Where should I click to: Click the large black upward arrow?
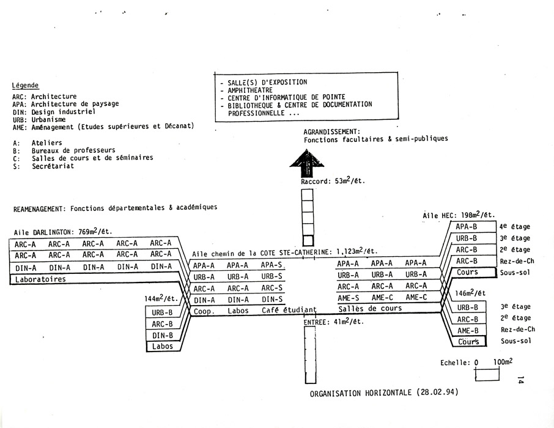tap(307, 163)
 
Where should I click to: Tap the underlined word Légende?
tap(25, 85)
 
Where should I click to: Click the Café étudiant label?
tap(289, 311)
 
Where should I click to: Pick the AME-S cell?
tap(348, 298)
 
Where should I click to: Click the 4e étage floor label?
tap(514, 227)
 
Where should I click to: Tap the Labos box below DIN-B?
tap(163, 346)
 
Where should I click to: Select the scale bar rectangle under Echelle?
tap(487, 374)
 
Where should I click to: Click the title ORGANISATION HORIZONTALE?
tap(360, 393)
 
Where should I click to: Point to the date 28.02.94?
tap(437, 393)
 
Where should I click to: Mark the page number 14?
tap(520, 380)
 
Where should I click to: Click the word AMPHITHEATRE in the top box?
tap(250, 90)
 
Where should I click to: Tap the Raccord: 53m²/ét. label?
tap(333, 181)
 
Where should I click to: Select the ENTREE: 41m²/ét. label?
tap(333, 322)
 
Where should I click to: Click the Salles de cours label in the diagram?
tap(370, 309)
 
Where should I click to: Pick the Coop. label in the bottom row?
tap(204, 311)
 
